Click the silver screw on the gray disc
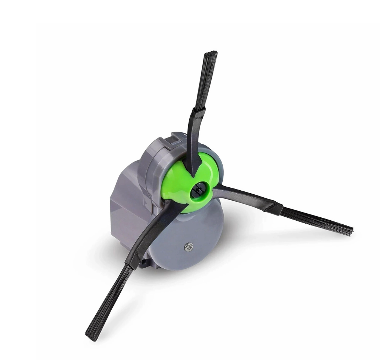tap(189, 247)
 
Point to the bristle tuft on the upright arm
tap(206, 81)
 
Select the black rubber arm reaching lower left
tap(154, 231)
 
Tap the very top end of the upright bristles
tap(211, 53)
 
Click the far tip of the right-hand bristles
tap(351, 231)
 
